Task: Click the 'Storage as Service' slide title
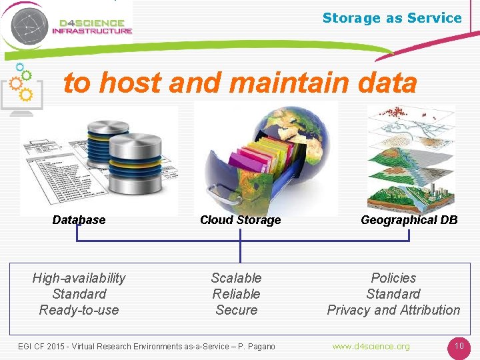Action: coord(391,18)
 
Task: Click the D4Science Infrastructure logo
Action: coord(67,26)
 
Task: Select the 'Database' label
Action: coord(79,220)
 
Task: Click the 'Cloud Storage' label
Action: coord(240,220)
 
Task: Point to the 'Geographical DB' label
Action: coord(409,220)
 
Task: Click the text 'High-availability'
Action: coord(79,278)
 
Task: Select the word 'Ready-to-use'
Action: coord(79,310)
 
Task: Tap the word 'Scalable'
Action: coord(236,278)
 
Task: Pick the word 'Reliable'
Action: coord(236,294)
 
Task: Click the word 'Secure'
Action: coord(236,310)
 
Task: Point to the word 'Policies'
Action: coord(393,278)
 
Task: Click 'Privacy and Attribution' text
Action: coord(393,310)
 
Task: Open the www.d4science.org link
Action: coord(371,346)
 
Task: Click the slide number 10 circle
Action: coord(459,347)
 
